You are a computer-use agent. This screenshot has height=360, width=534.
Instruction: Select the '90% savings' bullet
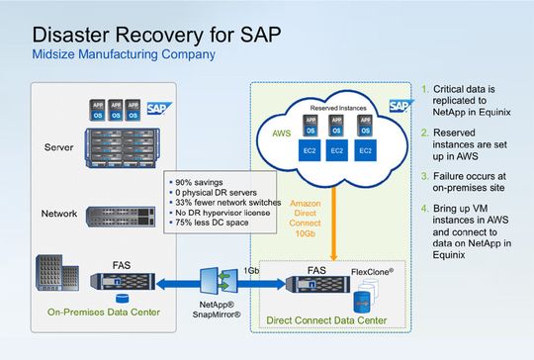(x=198, y=184)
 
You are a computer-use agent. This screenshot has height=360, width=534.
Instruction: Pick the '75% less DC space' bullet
(x=212, y=224)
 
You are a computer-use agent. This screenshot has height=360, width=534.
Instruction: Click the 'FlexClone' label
(x=376, y=268)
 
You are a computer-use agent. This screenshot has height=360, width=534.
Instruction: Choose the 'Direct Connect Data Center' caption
(x=330, y=320)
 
